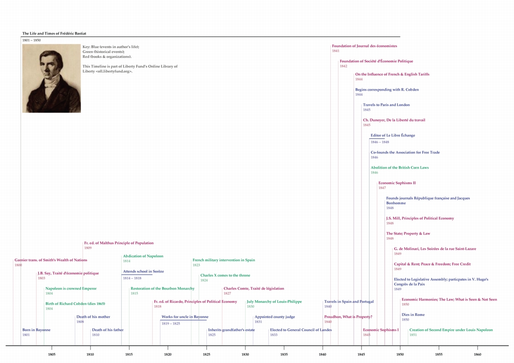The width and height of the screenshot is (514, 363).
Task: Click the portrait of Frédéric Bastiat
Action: point(51,78)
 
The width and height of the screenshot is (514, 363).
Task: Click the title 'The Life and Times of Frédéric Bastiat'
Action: point(54,33)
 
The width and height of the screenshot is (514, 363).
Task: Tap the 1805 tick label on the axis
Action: point(52,354)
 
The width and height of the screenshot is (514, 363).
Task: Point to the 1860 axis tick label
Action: point(478,354)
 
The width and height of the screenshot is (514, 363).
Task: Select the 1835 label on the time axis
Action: point(284,354)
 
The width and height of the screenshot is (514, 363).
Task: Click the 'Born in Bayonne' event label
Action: point(36,330)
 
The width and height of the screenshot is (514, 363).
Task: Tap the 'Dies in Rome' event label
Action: point(413,315)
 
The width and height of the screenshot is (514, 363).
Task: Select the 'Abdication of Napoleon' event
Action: point(143,256)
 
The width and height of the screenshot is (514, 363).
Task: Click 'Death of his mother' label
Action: point(93,317)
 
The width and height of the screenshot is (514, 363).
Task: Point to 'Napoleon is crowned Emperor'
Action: point(71,288)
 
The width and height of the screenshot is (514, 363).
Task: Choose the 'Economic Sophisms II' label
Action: point(397,183)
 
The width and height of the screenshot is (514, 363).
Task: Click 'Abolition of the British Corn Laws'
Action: point(400,168)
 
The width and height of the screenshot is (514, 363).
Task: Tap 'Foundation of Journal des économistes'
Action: point(365,46)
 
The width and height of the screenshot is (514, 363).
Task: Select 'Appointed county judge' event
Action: point(275,317)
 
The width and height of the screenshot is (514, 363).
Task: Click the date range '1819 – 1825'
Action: point(171,324)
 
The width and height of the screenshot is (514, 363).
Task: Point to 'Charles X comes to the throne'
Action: point(225,275)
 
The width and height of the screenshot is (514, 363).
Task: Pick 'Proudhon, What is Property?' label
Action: point(348,317)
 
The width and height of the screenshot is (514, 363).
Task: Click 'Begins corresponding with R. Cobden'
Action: point(387,89)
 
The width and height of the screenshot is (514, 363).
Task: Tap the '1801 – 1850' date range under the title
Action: point(31,40)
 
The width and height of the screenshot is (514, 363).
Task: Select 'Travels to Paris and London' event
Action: point(386,105)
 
